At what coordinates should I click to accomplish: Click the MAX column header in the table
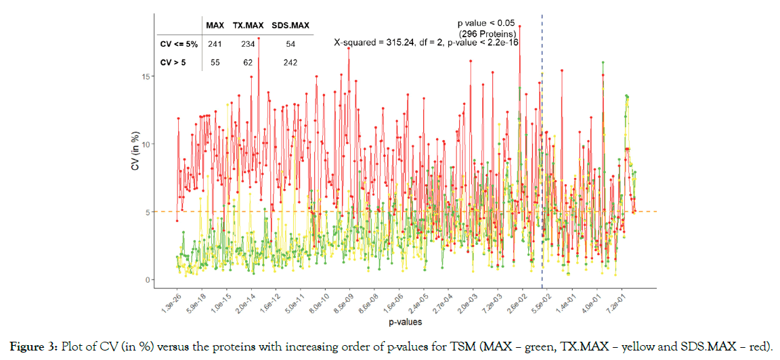215,26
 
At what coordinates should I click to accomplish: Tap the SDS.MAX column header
290,26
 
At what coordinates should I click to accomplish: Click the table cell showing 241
215,44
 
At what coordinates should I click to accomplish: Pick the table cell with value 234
248,44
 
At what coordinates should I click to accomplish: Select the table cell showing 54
290,44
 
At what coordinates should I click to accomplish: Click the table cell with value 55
215,62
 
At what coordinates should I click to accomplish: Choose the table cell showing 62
248,62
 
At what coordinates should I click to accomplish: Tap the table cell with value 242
290,62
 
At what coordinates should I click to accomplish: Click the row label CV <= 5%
178,44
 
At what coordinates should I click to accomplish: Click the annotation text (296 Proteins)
488,33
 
